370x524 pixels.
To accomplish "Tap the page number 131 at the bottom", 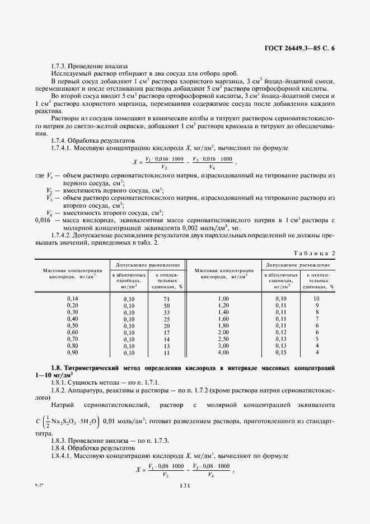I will click(x=185, y=486).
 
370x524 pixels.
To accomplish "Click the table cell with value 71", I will click(x=166, y=299).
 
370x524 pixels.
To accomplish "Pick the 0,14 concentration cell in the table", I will click(x=73, y=299).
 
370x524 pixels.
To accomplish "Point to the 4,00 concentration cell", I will click(x=223, y=353).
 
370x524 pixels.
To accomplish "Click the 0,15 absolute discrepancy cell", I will click(x=280, y=353).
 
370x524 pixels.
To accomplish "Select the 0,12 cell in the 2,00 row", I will click(x=280, y=333).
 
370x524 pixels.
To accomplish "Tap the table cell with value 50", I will click(x=166, y=306).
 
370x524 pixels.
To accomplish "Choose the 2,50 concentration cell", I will click(x=223, y=339).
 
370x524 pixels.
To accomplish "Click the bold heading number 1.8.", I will click(x=56, y=368).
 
